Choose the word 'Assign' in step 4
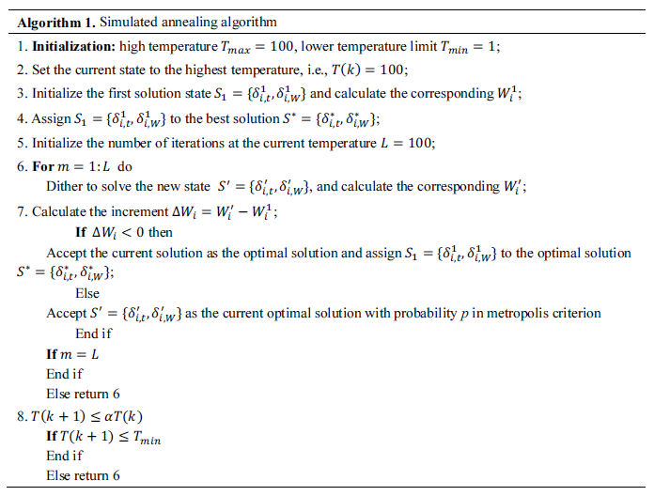click(x=52, y=118)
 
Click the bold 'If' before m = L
click(x=53, y=354)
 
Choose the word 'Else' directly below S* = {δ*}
click(x=87, y=293)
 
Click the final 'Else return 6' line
click(x=83, y=475)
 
